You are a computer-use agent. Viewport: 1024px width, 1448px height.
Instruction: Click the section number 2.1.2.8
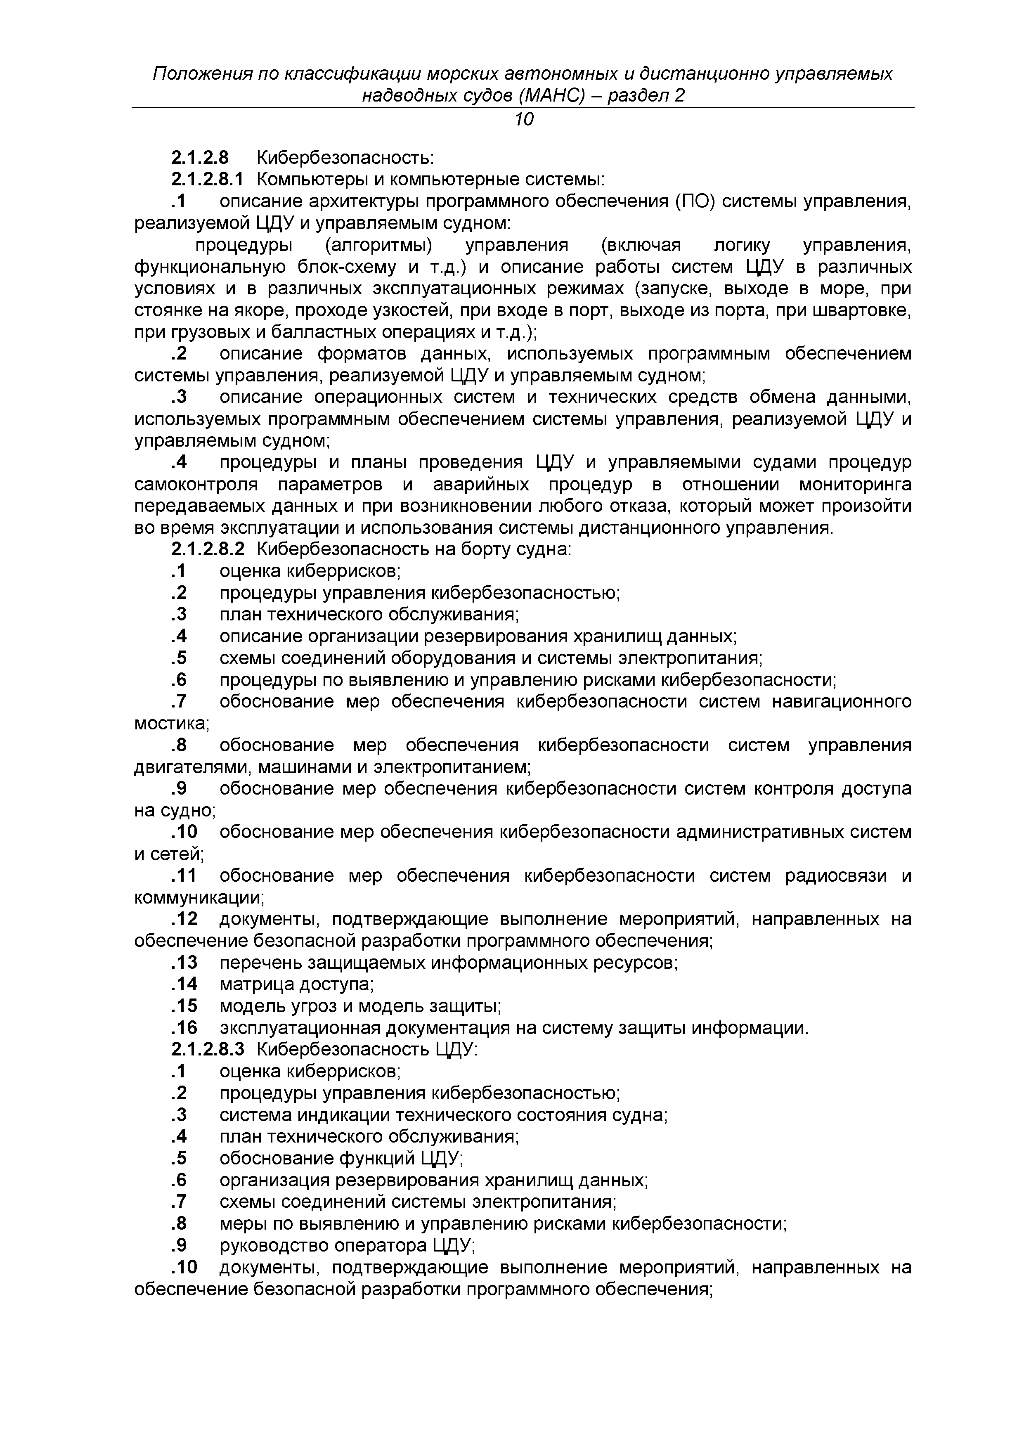pyautogui.click(x=200, y=158)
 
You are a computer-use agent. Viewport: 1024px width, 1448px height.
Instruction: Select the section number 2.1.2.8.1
pyautogui.click(x=207, y=180)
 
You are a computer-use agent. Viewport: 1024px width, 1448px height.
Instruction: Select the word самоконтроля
pyautogui.click(x=197, y=484)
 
